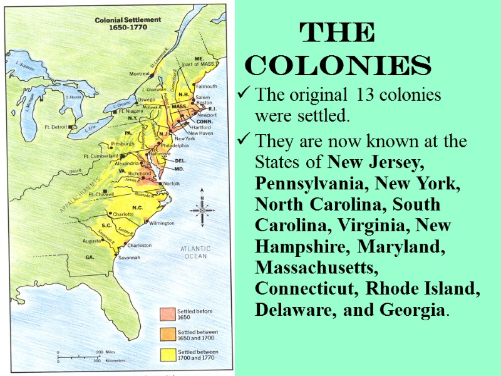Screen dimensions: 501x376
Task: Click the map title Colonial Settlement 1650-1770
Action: click(x=128, y=23)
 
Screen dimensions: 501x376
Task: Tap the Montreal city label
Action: click(x=140, y=74)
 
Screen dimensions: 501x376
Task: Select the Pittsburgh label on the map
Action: click(x=123, y=144)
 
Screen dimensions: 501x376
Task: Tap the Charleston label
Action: click(x=140, y=245)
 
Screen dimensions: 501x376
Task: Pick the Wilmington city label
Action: click(x=161, y=223)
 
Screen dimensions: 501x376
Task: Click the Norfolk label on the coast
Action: click(x=172, y=183)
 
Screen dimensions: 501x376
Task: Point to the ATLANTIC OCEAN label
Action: click(x=195, y=252)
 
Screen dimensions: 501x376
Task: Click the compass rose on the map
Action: click(x=202, y=207)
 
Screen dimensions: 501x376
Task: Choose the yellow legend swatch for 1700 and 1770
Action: click(x=168, y=355)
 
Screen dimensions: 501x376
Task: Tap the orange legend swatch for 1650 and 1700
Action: click(x=168, y=333)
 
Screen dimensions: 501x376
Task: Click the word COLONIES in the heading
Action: click(x=338, y=65)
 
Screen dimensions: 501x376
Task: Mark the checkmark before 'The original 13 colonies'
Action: click(x=243, y=96)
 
